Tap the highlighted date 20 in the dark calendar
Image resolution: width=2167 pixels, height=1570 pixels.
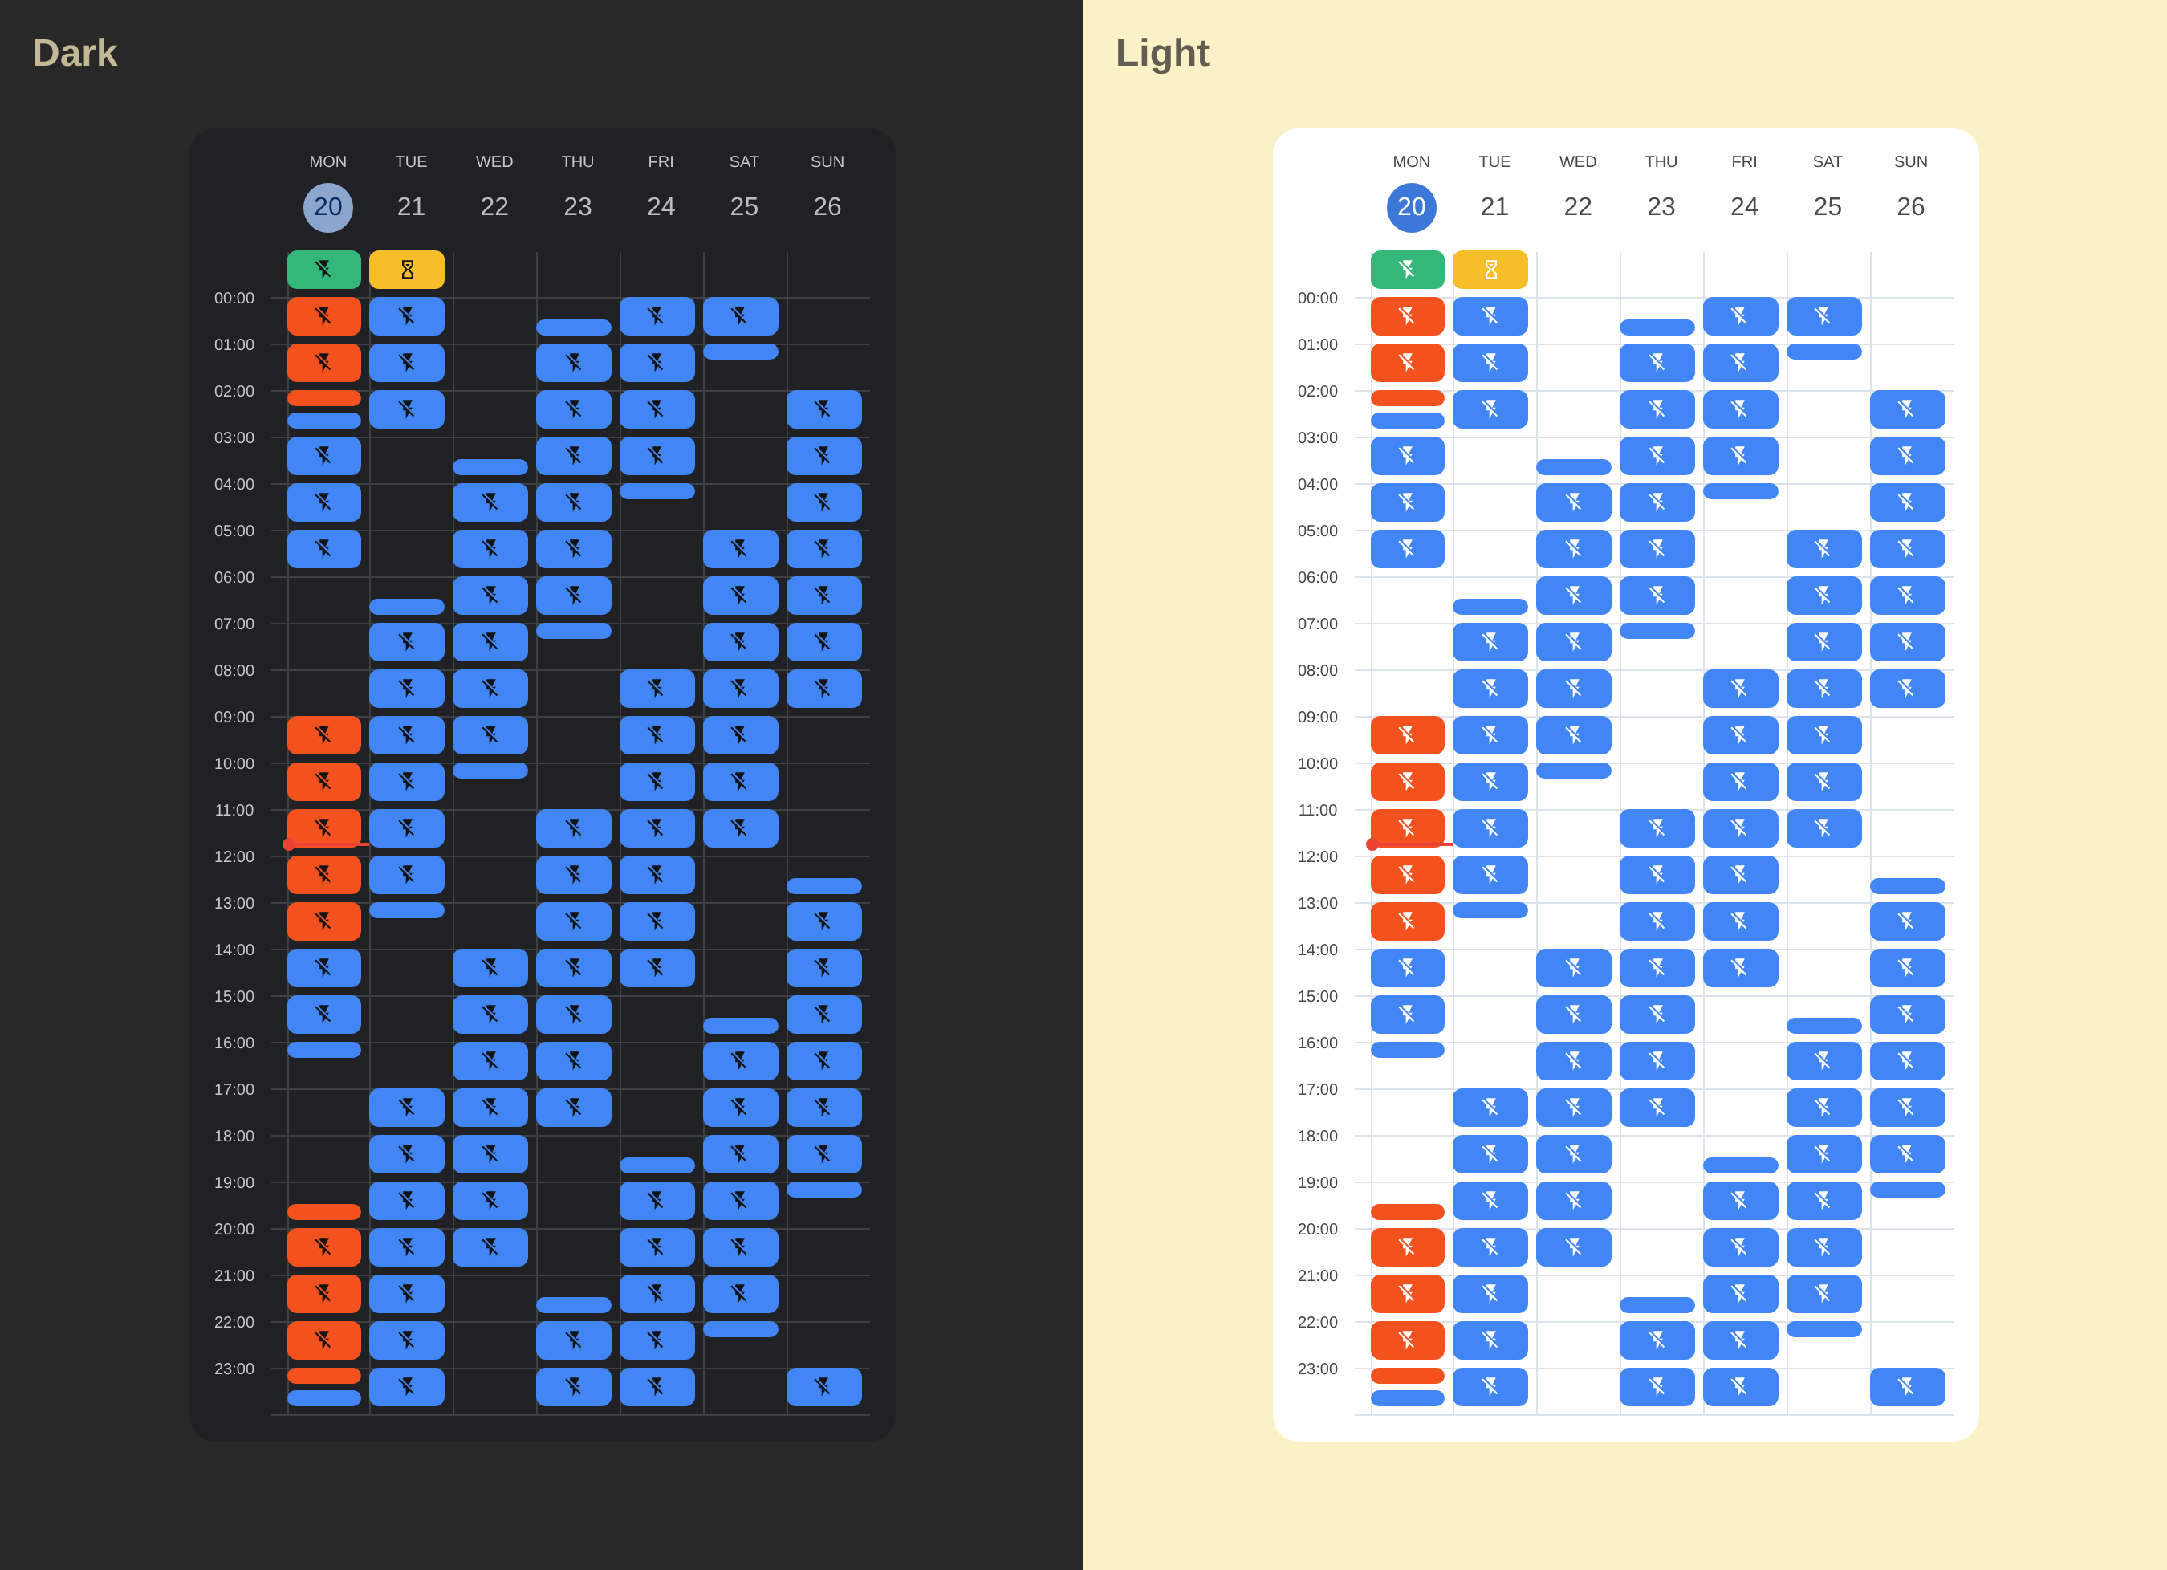327,207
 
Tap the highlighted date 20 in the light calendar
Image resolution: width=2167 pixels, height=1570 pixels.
1411,207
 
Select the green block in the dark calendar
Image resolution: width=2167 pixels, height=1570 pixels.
324,270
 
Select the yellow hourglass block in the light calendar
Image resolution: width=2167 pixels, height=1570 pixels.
1490,270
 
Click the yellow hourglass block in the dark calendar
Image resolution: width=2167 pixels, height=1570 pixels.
407,270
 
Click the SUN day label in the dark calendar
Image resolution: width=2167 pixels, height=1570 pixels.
827,161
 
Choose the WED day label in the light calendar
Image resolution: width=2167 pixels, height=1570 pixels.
1577,161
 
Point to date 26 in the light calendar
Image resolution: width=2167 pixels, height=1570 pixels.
1910,207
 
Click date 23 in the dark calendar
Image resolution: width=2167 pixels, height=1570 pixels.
577,207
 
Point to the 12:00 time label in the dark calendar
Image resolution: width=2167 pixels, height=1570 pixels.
234,857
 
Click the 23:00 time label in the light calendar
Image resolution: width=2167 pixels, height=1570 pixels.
1318,1369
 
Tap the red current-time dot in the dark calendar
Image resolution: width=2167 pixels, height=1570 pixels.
289,844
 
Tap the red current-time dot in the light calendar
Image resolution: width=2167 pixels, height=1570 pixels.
1372,844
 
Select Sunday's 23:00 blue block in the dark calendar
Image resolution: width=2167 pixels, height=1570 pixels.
823,1386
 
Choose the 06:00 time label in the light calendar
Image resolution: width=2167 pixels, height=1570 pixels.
1318,578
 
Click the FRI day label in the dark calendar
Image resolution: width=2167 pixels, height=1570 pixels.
661,161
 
